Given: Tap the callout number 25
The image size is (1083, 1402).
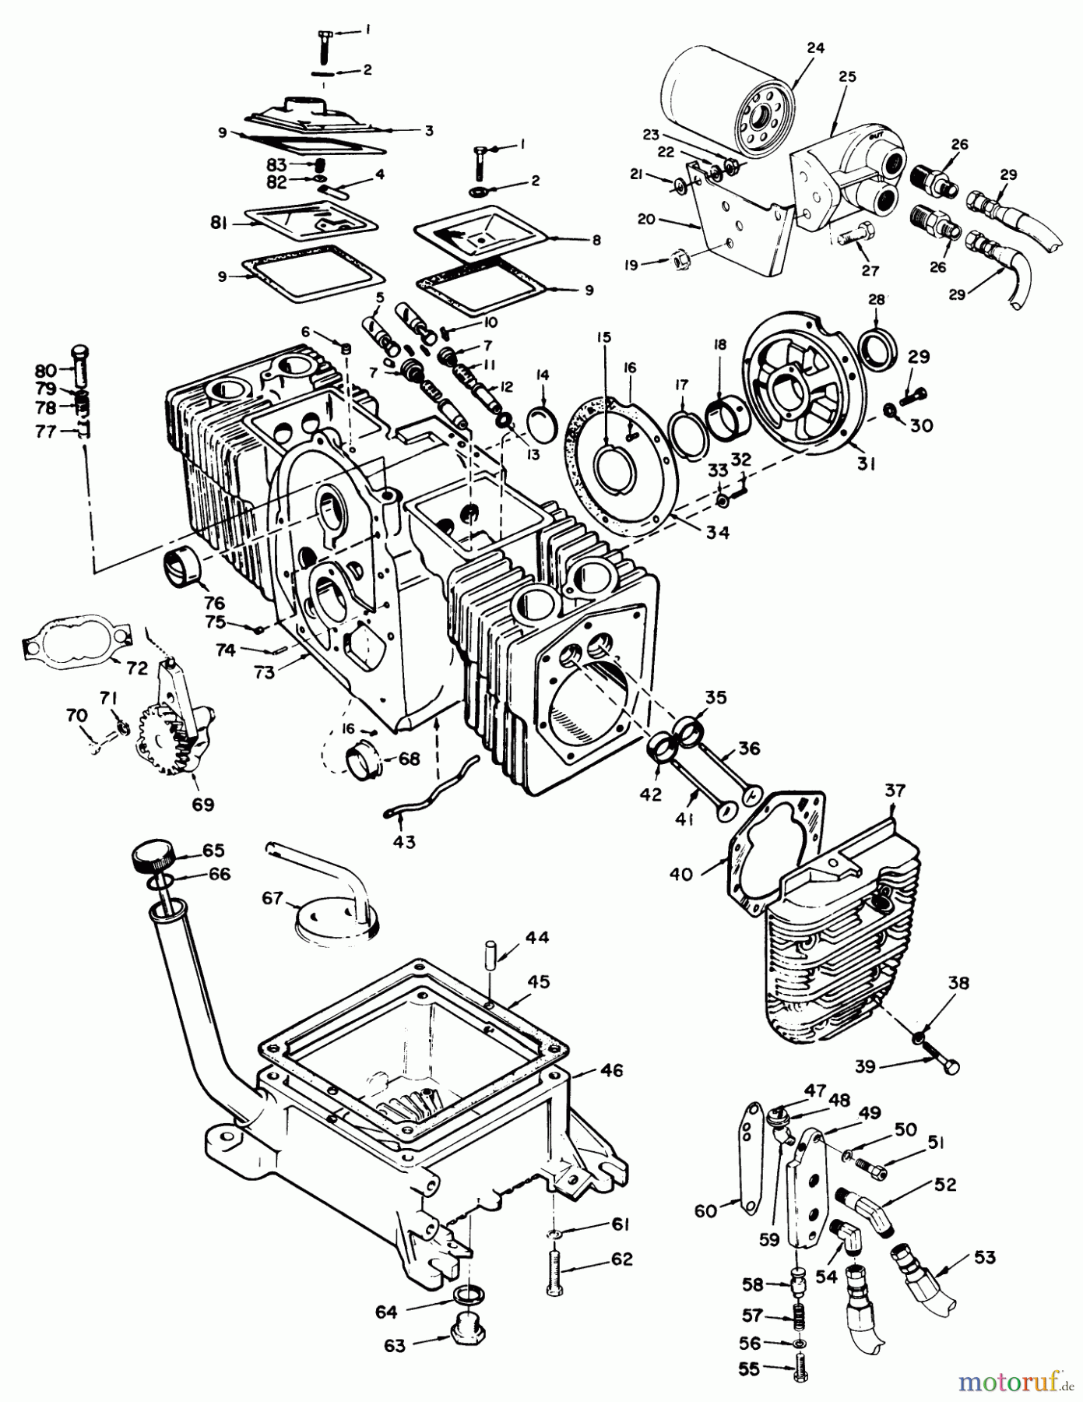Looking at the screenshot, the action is click(x=846, y=76).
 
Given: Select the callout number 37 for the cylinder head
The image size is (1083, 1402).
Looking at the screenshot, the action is click(x=895, y=791).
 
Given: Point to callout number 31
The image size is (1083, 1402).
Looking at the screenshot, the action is click(x=867, y=464).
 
